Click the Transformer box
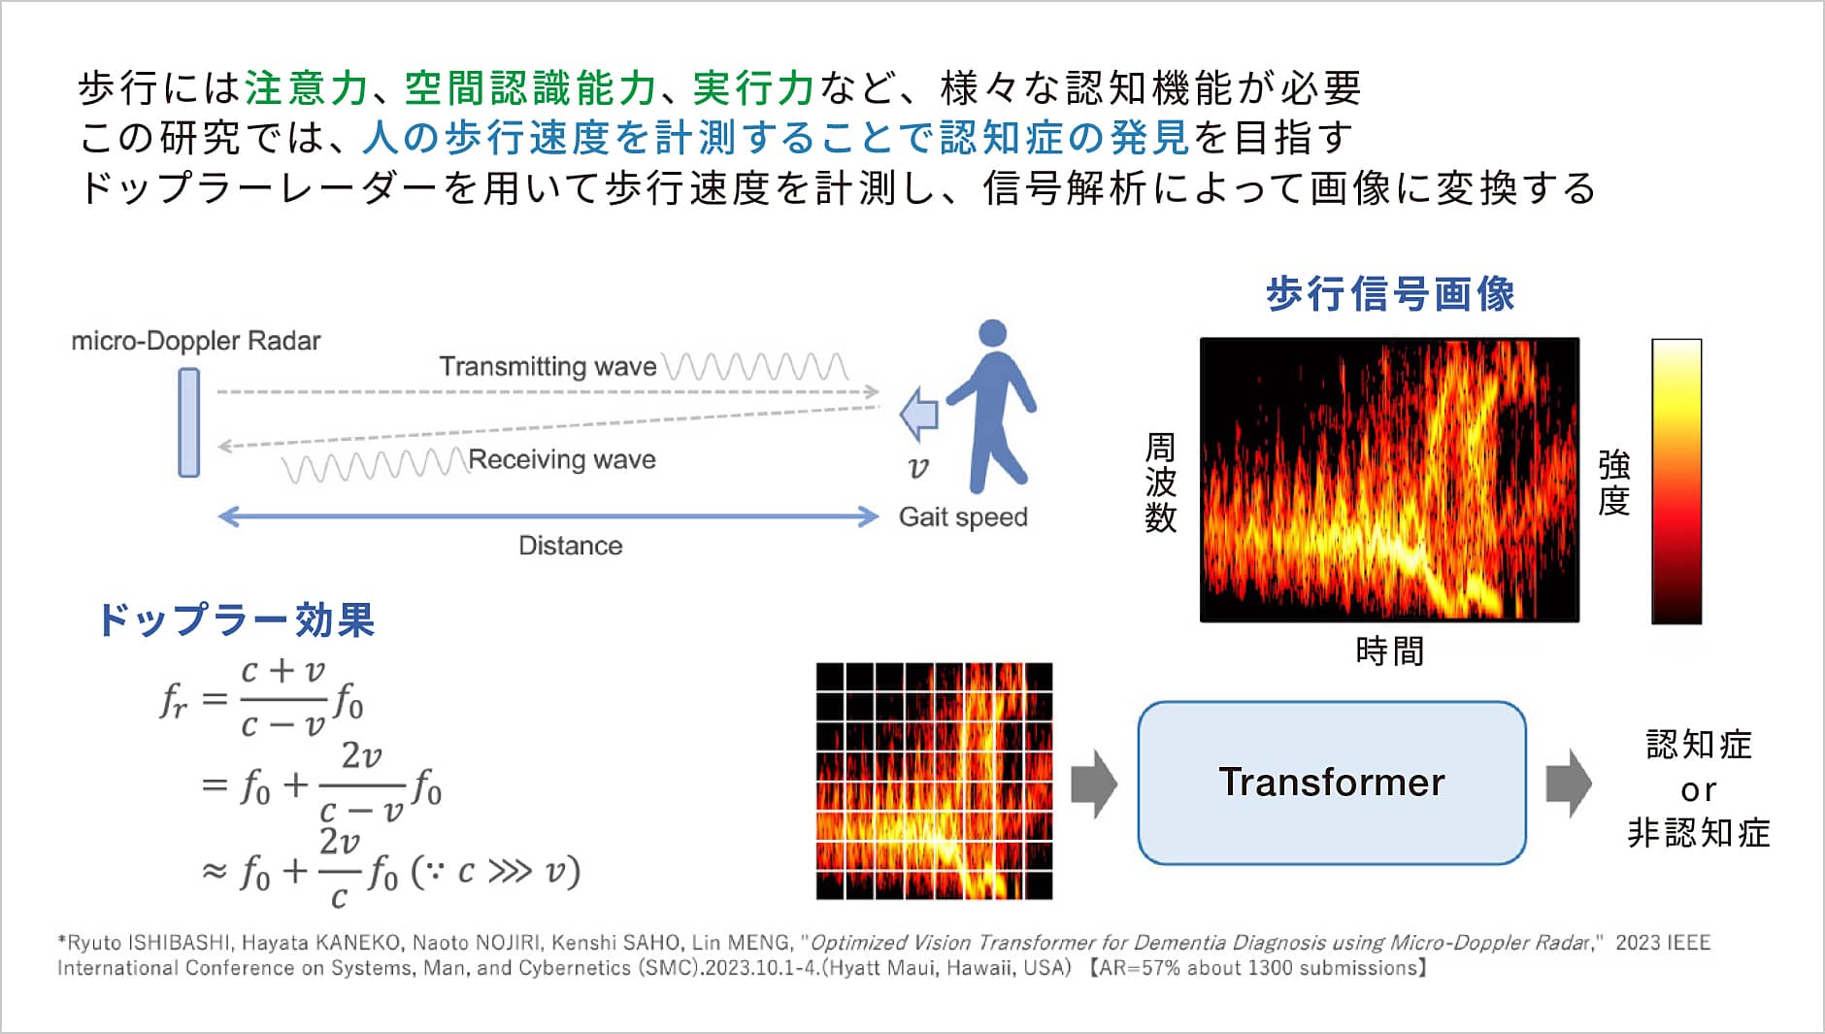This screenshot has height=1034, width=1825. (1332, 783)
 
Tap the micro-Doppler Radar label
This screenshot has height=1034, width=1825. (196, 341)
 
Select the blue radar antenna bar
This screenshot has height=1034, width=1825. (189, 422)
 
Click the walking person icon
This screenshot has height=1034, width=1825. (990, 406)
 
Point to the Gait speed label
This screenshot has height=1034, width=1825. (963, 517)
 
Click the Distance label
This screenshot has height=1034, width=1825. (571, 546)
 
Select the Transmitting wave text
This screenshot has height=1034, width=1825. (548, 366)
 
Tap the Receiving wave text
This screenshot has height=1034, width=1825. (562, 459)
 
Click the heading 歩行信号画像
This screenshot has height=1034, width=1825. (1390, 293)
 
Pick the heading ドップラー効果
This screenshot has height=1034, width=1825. (236, 619)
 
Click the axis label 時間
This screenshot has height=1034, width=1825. (1390, 650)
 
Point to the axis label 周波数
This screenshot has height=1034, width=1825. (1160, 483)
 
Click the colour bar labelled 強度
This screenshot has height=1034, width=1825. (1676, 481)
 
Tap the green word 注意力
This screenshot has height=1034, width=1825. (306, 88)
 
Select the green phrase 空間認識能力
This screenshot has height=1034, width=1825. (530, 88)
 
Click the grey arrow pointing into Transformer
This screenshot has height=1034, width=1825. (1094, 784)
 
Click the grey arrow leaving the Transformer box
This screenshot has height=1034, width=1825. (1569, 784)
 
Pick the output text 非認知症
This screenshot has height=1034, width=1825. (1699, 833)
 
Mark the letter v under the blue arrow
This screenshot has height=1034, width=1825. (917, 468)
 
